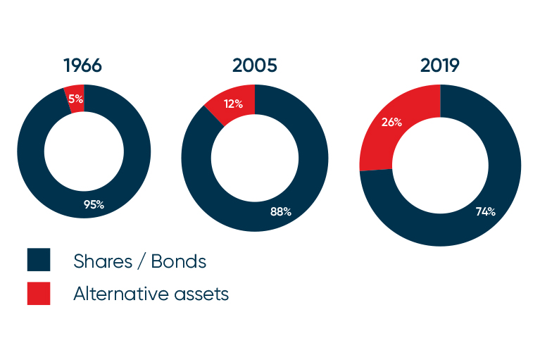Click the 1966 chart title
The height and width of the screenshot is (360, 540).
(82, 66)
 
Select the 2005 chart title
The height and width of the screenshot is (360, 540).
(255, 66)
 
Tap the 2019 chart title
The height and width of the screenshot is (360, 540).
(440, 66)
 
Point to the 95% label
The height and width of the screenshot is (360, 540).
(94, 205)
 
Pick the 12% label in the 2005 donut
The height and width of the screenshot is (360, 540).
(233, 105)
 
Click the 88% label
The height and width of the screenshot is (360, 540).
(280, 211)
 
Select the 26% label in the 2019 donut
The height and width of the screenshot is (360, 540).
(391, 122)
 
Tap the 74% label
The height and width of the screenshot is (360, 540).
(485, 211)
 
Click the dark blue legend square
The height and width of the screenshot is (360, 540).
(39, 259)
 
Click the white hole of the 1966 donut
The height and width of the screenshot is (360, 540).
(83, 151)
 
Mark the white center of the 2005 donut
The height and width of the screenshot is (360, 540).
(255, 158)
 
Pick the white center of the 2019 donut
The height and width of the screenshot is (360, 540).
(440, 166)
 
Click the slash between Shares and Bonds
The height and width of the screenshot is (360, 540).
(142, 262)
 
